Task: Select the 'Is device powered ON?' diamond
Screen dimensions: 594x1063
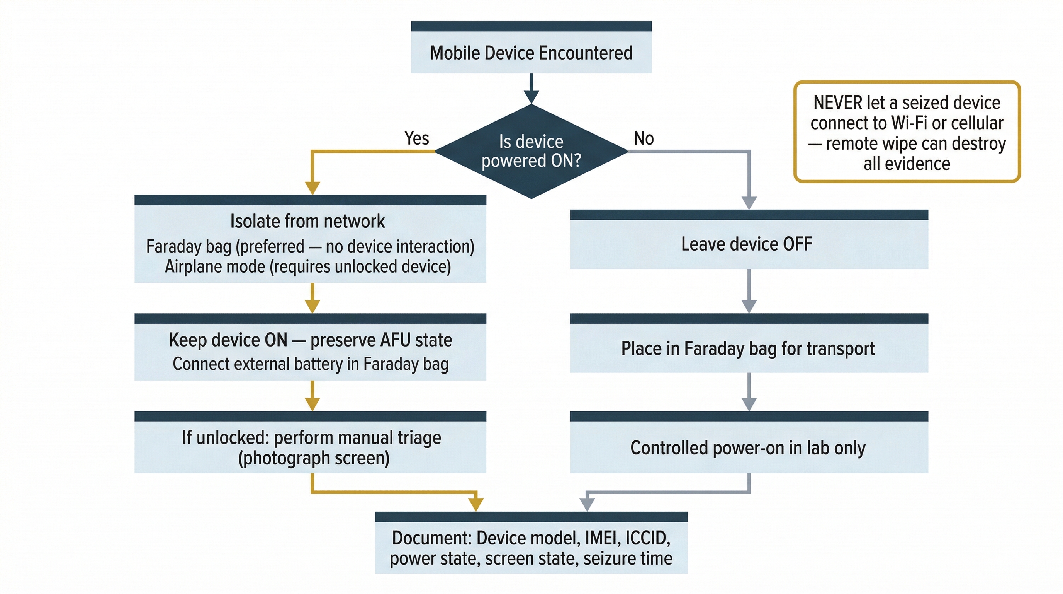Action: pyautogui.click(x=531, y=151)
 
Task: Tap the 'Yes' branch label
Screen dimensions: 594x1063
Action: pyautogui.click(x=416, y=138)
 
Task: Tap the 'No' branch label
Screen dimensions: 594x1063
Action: pyautogui.click(x=644, y=138)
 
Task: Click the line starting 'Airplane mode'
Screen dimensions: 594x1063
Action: pyautogui.click(x=307, y=267)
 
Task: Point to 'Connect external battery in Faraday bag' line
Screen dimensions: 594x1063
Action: pyautogui.click(x=310, y=364)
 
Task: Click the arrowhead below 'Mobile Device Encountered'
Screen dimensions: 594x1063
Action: pyautogui.click(x=531, y=97)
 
